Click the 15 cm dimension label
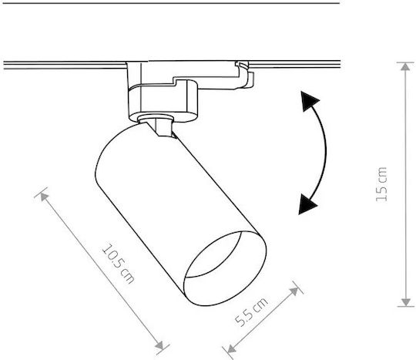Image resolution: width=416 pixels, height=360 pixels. tap(382, 184)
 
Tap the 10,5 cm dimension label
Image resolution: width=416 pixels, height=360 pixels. tap(119, 264)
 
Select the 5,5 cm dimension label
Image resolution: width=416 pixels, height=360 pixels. tap(251, 312)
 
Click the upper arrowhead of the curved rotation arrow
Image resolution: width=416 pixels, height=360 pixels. tap(310, 101)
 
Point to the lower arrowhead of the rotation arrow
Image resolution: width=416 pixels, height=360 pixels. tap(307, 204)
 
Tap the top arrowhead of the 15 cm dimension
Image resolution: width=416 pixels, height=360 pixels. tap(405, 67)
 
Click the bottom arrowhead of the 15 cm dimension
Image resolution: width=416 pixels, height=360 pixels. tap(406, 302)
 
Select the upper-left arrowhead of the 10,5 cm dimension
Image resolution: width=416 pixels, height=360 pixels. tap(44, 197)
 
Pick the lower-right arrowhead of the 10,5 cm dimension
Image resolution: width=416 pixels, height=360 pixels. tap(159, 345)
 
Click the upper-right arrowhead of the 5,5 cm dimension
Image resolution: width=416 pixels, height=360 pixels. tap(294, 291)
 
